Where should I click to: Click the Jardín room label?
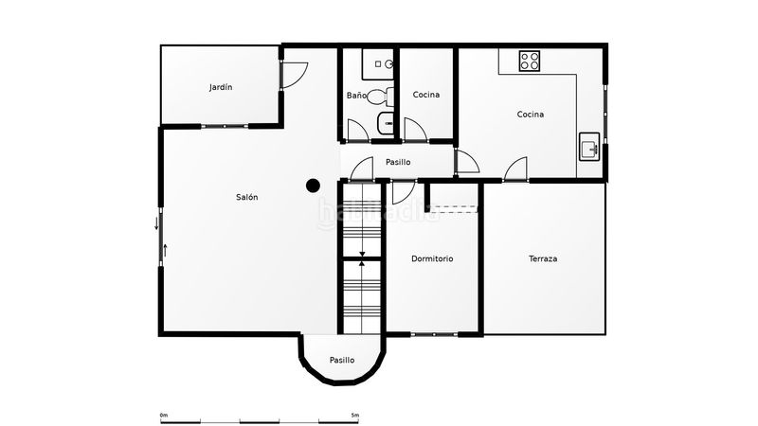[x=221, y=87]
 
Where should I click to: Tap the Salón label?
[x=247, y=197]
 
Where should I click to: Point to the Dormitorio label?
[x=432, y=258]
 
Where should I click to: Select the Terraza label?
[x=543, y=258]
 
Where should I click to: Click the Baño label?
[x=356, y=96]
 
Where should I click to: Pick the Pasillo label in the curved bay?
[x=342, y=360]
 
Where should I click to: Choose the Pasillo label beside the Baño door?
[x=398, y=162]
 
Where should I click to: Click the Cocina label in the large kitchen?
[x=531, y=115]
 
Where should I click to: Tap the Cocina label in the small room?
[x=426, y=95]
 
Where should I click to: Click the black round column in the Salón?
[x=314, y=186]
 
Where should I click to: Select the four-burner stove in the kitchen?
[x=530, y=61]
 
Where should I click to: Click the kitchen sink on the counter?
[x=589, y=147]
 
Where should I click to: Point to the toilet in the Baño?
[x=381, y=97]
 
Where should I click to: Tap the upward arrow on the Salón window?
[x=165, y=250]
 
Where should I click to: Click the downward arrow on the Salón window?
[x=156, y=223]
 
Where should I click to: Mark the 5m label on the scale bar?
[x=354, y=415]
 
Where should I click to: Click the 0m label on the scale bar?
[x=163, y=415]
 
